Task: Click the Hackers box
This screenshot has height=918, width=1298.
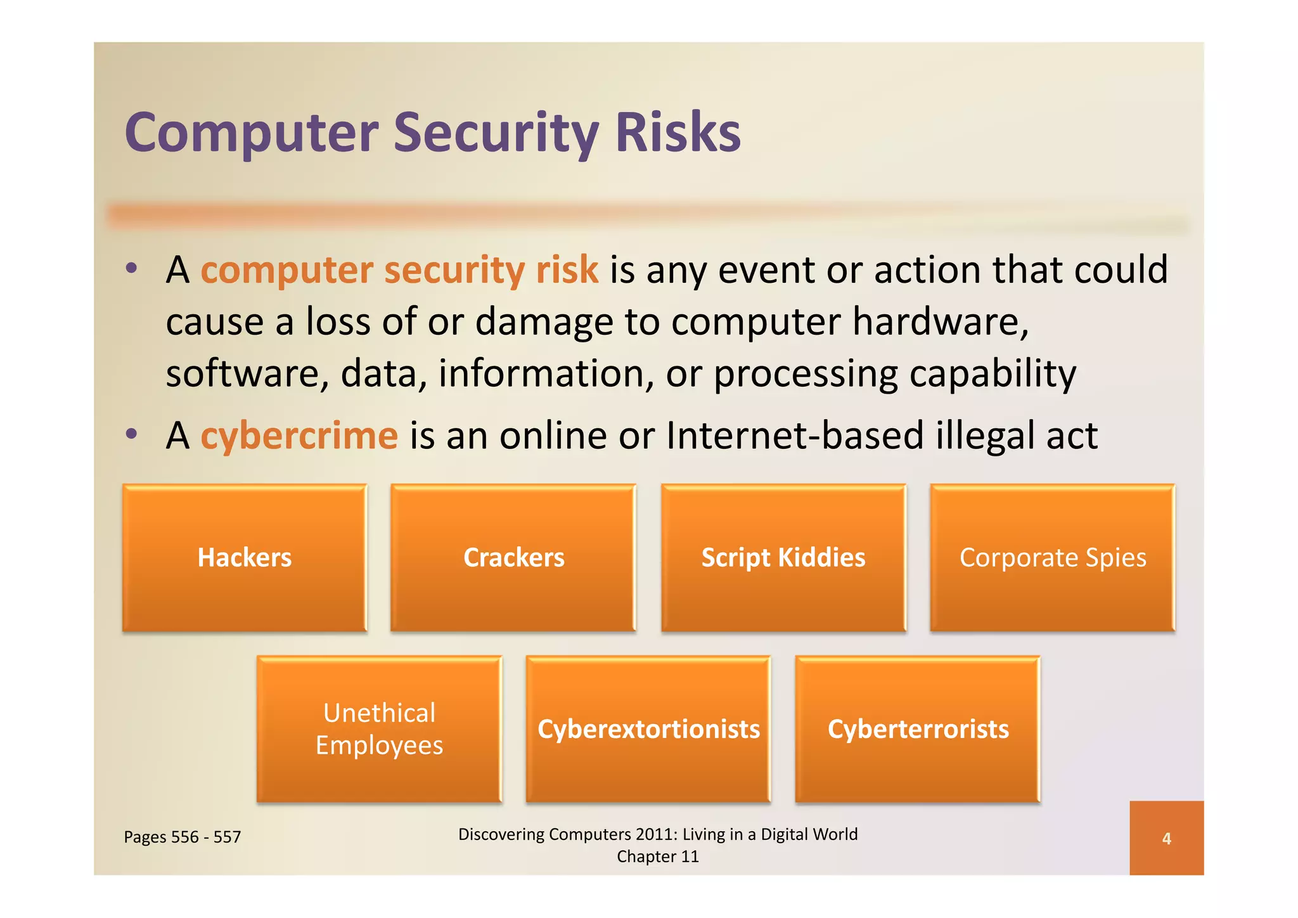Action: (x=245, y=558)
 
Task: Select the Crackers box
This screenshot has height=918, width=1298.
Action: (x=513, y=558)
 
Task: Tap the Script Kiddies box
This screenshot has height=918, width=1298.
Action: (x=783, y=558)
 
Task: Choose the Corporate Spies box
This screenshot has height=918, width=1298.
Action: (x=1052, y=558)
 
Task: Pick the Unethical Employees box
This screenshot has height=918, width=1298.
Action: (x=379, y=729)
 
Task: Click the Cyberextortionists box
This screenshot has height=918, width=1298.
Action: (x=648, y=729)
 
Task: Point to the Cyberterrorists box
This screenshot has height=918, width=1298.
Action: (x=918, y=729)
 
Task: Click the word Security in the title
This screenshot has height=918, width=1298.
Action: (x=496, y=133)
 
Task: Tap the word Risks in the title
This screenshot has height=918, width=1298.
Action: (x=678, y=133)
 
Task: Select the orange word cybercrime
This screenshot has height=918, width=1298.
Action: (x=299, y=436)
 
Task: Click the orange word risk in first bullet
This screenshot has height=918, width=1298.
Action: (x=567, y=270)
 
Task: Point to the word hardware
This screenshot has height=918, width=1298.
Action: (x=940, y=321)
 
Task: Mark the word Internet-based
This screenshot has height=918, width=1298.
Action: (x=795, y=436)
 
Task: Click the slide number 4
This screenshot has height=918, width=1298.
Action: (x=1166, y=839)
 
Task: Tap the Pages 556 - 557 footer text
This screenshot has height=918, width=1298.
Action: (x=183, y=837)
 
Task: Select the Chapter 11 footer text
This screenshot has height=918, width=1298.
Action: (x=658, y=857)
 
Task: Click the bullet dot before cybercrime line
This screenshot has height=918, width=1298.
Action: (x=131, y=434)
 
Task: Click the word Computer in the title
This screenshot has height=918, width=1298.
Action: (x=252, y=133)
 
